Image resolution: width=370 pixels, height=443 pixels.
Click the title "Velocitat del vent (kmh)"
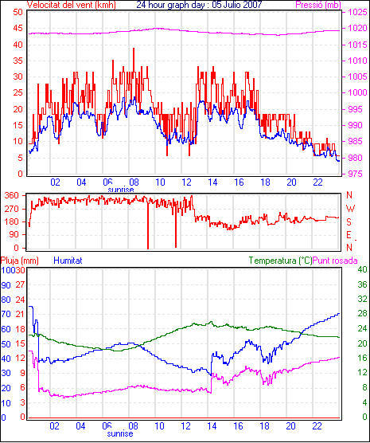coord(71,5)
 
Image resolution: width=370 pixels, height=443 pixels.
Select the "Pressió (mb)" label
coord(318,5)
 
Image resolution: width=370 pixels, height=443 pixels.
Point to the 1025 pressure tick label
coord(357,12)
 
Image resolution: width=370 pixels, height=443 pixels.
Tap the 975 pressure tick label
coord(357,174)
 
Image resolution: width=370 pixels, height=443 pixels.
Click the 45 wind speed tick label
coord(18,28)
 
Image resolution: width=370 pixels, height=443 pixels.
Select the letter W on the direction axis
coord(350,209)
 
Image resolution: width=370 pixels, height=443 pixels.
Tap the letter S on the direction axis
coord(349,222)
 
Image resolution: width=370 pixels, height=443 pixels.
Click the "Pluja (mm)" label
coord(20,261)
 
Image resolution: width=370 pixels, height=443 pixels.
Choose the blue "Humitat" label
coord(68,261)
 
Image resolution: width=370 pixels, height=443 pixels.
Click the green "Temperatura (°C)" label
coord(281,261)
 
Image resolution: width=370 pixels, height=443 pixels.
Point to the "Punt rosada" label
coord(335,261)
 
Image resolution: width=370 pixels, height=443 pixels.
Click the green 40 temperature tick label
coord(362,269)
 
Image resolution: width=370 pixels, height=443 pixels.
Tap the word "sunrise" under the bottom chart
coord(120,433)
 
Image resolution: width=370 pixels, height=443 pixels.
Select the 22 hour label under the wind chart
coord(317,182)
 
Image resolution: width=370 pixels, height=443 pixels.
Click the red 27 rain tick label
coord(21,284)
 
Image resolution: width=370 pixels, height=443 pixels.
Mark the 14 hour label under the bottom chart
coord(212,425)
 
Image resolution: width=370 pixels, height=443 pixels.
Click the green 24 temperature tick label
coord(362,328)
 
